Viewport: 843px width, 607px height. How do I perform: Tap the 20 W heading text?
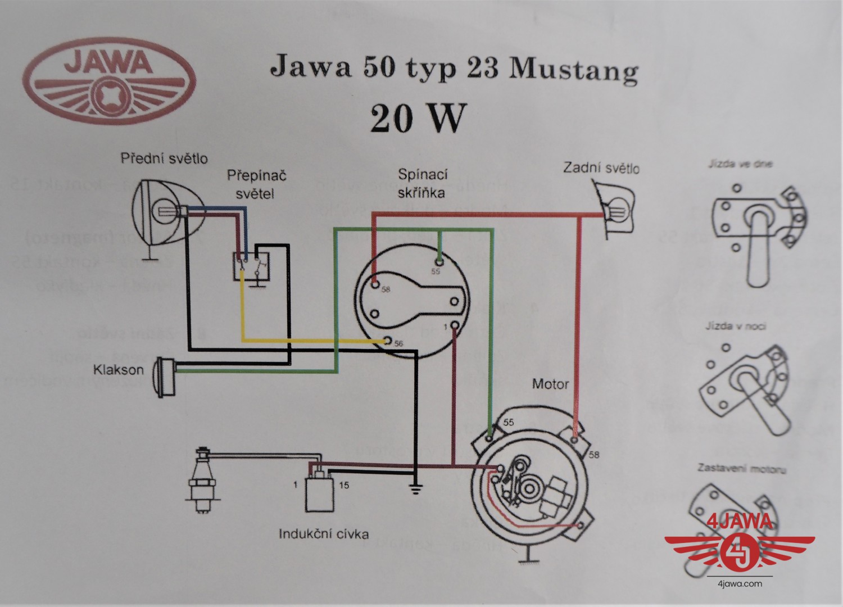411,119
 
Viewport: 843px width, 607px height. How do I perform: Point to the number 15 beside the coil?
344,485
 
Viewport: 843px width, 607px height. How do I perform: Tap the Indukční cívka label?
324,533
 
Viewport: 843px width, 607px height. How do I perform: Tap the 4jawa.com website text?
740,583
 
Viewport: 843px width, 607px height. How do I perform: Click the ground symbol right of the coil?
415,490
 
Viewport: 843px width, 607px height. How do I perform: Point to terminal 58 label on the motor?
593,454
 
